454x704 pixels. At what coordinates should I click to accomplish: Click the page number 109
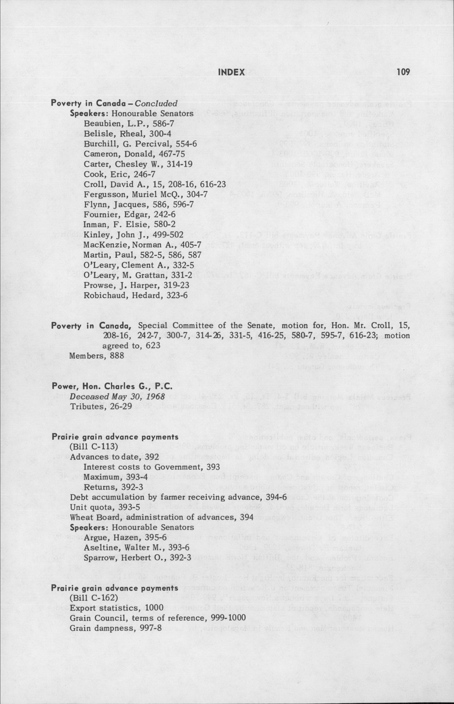403,72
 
